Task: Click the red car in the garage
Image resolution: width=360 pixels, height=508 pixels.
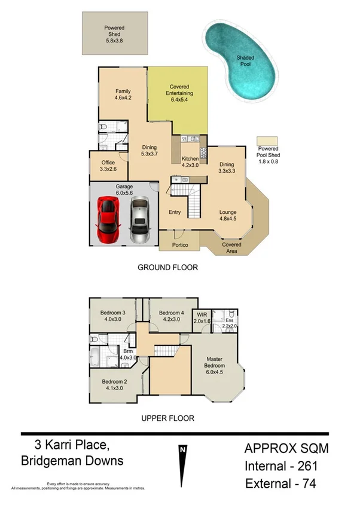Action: pyautogui.click(x=108, y=218)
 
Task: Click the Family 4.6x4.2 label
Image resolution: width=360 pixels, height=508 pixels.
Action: pyautogui.click(x=123, y=94)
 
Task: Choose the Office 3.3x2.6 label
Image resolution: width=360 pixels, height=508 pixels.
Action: pyautogui.click(x=108, y=166)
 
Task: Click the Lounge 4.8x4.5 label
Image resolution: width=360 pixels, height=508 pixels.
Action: pyautogui.click(x=227, y=215)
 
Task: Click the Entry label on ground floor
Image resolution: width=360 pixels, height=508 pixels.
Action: pyautogui.click(x=175, y=212)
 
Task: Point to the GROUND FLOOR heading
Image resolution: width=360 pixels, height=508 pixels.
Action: pyautogui.click(x=167, y=267)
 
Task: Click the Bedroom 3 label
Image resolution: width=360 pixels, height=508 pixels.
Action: pyautogui.click(x=112, y=316)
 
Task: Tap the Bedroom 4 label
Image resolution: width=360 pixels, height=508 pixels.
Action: pyautogui.click(x=171, y=316)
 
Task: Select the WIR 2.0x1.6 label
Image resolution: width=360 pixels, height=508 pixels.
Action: pyautogui.click(x=202, y=317)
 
